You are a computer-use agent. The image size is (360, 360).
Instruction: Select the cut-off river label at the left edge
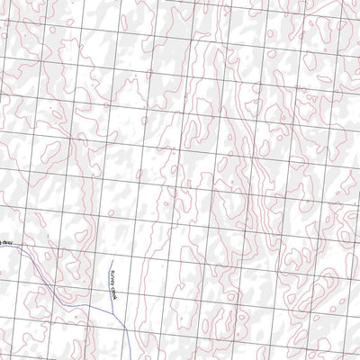pos(4,242)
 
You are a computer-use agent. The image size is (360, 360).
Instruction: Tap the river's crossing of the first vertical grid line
pos(21,249)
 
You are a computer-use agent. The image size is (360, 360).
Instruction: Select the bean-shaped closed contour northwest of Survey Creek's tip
pos(79,236)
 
